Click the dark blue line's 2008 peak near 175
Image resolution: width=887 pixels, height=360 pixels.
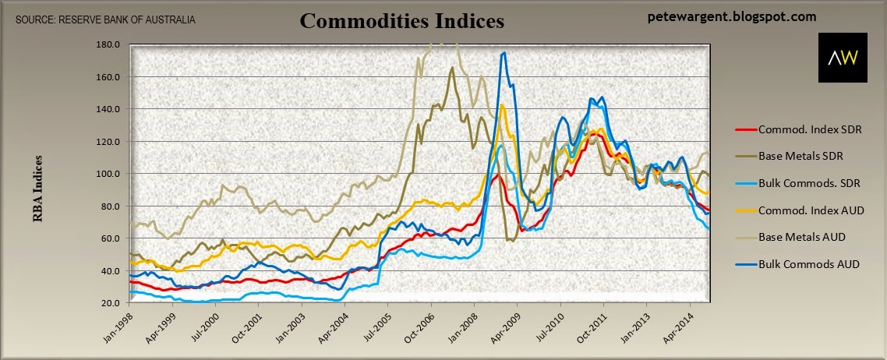click(x=504, y=53)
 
